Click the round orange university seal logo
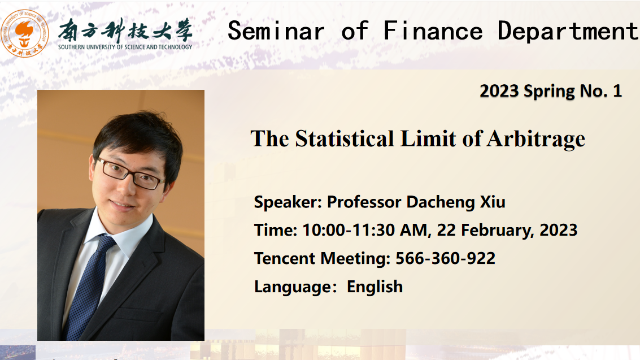tap(24, 33)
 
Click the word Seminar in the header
tap(276, 31)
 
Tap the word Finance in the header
tap(433, 31)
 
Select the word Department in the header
tap(568, 31)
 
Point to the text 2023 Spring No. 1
tap(551, 91)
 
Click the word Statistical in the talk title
tap(345, 139)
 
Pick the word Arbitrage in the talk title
tap(536, 140)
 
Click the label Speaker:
tap(288, 202)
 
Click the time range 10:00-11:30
tap(364, 230)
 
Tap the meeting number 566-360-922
tap(445, 258)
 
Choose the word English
tap(375, 287)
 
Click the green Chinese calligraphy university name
tap(125, 30)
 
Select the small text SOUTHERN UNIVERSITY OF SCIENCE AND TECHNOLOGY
tap(125, 47)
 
